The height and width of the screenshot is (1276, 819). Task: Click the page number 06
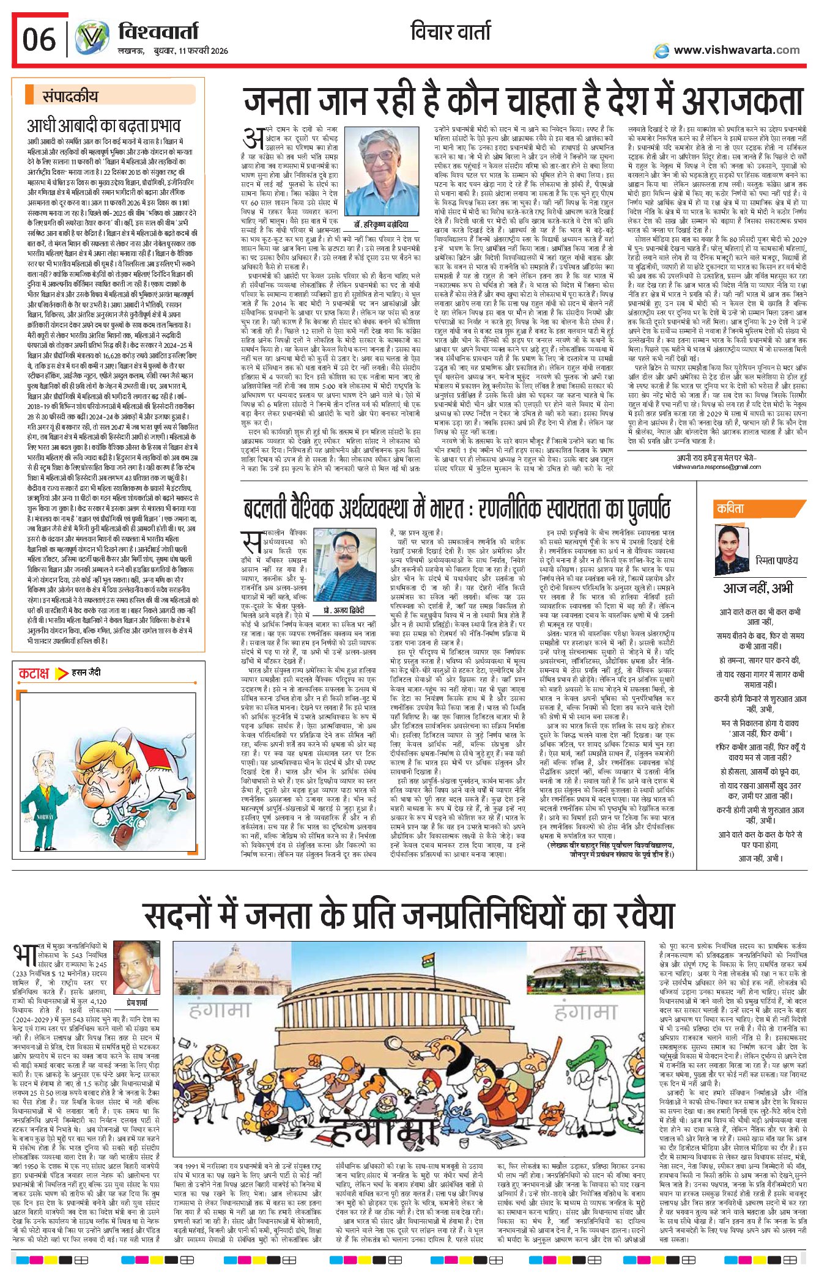pyautogui.click(x=39, y=40)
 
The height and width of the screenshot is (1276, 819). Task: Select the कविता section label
pyautogui.click(x=731, y=509)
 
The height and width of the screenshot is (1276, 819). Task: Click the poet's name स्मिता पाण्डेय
pyautogui.click(x=776, y=560)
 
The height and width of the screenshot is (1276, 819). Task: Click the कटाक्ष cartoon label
pyautogui.click(x=34, y=674)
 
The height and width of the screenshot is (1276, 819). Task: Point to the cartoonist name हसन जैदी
pyautogui.click(x=86, y=673)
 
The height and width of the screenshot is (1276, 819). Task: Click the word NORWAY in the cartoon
pyautogui.click(x=45, y=816)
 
